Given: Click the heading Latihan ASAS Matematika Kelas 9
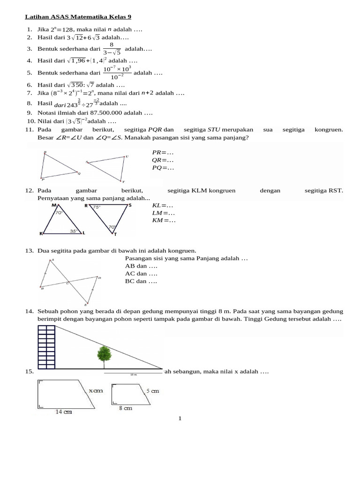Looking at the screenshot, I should pos(78,17).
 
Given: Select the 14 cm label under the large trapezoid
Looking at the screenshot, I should pos(64,412).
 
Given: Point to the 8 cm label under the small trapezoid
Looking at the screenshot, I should pos(125,408).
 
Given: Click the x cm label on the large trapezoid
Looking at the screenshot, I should pos(95,390).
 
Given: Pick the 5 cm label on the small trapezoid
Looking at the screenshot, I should pos(152,390).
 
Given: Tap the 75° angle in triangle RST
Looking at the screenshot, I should pos(97,207).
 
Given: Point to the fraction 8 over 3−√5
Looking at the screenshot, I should pos(112,49).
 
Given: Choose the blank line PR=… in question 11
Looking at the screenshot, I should pos(163,152).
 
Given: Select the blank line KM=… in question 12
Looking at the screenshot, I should pos(164,220).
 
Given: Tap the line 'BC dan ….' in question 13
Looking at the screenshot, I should pos(141,281).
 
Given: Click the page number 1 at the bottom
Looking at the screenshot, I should pos(180,418).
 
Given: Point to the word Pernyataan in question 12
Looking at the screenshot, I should pos(53,198).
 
